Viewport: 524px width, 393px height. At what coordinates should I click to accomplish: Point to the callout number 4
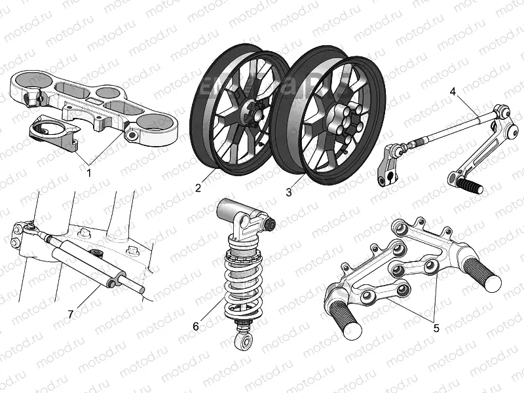tap(453, 91)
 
